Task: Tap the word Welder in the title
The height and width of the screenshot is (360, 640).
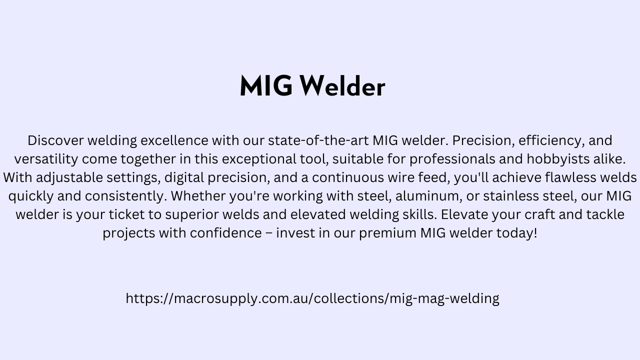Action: (343, 85)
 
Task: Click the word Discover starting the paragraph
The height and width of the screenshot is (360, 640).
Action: (55, 140)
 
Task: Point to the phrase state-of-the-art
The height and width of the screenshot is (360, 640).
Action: (318, 140)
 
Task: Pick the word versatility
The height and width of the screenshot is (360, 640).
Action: (46, 159)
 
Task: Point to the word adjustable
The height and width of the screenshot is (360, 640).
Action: (69, 177)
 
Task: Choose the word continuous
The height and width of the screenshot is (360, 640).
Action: (348, 177)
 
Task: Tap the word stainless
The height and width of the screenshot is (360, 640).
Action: (511, 196)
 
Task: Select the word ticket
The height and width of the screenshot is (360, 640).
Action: (126, 214)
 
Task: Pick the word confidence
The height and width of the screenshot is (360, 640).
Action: (226, 233)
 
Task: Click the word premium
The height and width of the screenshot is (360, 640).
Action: (387, 233)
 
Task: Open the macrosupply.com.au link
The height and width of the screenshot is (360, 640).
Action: (312, 298)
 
